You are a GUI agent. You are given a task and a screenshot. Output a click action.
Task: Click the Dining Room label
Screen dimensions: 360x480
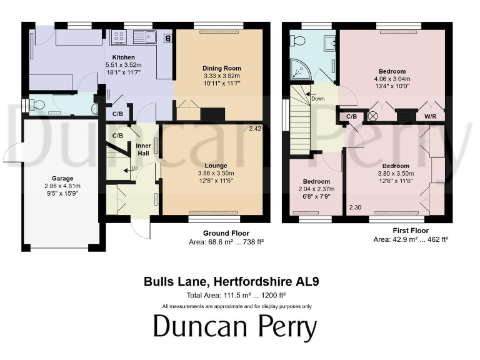coord(221,68)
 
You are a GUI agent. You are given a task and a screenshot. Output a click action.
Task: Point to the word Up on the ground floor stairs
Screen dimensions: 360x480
coord(134,168)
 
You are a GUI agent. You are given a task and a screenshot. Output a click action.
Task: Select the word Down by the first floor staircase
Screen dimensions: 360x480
coord(317,99)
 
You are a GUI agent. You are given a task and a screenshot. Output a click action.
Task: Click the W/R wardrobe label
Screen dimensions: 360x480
coord(431,116)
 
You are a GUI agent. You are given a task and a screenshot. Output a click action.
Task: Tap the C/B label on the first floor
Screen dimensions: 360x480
coord(351,116)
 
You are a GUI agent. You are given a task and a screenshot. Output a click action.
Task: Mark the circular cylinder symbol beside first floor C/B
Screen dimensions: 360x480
coord(374,116)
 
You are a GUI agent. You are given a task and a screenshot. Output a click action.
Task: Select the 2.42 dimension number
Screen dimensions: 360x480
coord(254,129)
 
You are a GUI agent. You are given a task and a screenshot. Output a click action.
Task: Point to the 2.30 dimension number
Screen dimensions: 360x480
coord(355,207)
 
